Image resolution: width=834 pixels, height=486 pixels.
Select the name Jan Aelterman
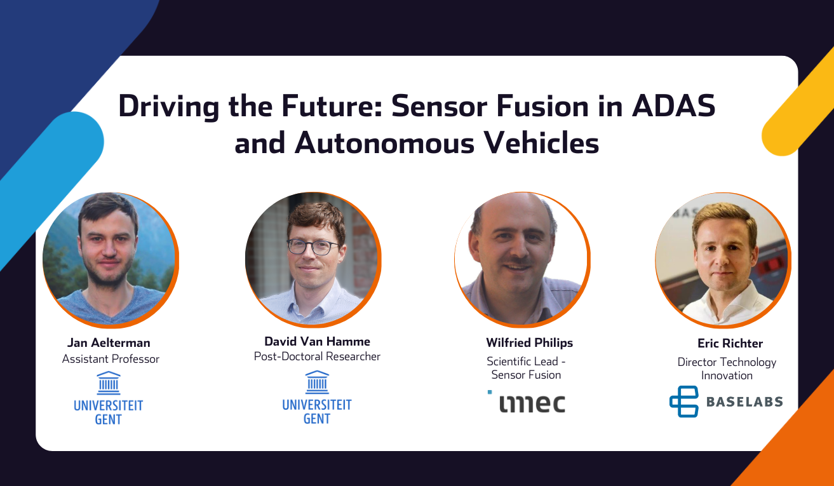click(x=109, y=342)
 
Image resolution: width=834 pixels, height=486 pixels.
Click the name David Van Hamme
click(x=317, y=341)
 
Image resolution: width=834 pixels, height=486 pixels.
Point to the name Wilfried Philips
click(x=529, y=342)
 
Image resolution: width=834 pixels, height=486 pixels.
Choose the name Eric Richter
click(x=730, y=343)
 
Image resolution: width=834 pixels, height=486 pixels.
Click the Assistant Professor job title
click(x=111, y=359)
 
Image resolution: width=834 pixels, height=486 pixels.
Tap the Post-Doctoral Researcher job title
click(x=317, y=356)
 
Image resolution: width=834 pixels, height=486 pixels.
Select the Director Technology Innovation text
click(x=727, y=368)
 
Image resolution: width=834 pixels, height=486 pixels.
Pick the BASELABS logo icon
click(x=683, y=402)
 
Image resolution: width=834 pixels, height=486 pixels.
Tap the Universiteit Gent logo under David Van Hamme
click(x=317, y=398)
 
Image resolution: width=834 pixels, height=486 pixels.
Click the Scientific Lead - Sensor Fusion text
click(x=526, y=368)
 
